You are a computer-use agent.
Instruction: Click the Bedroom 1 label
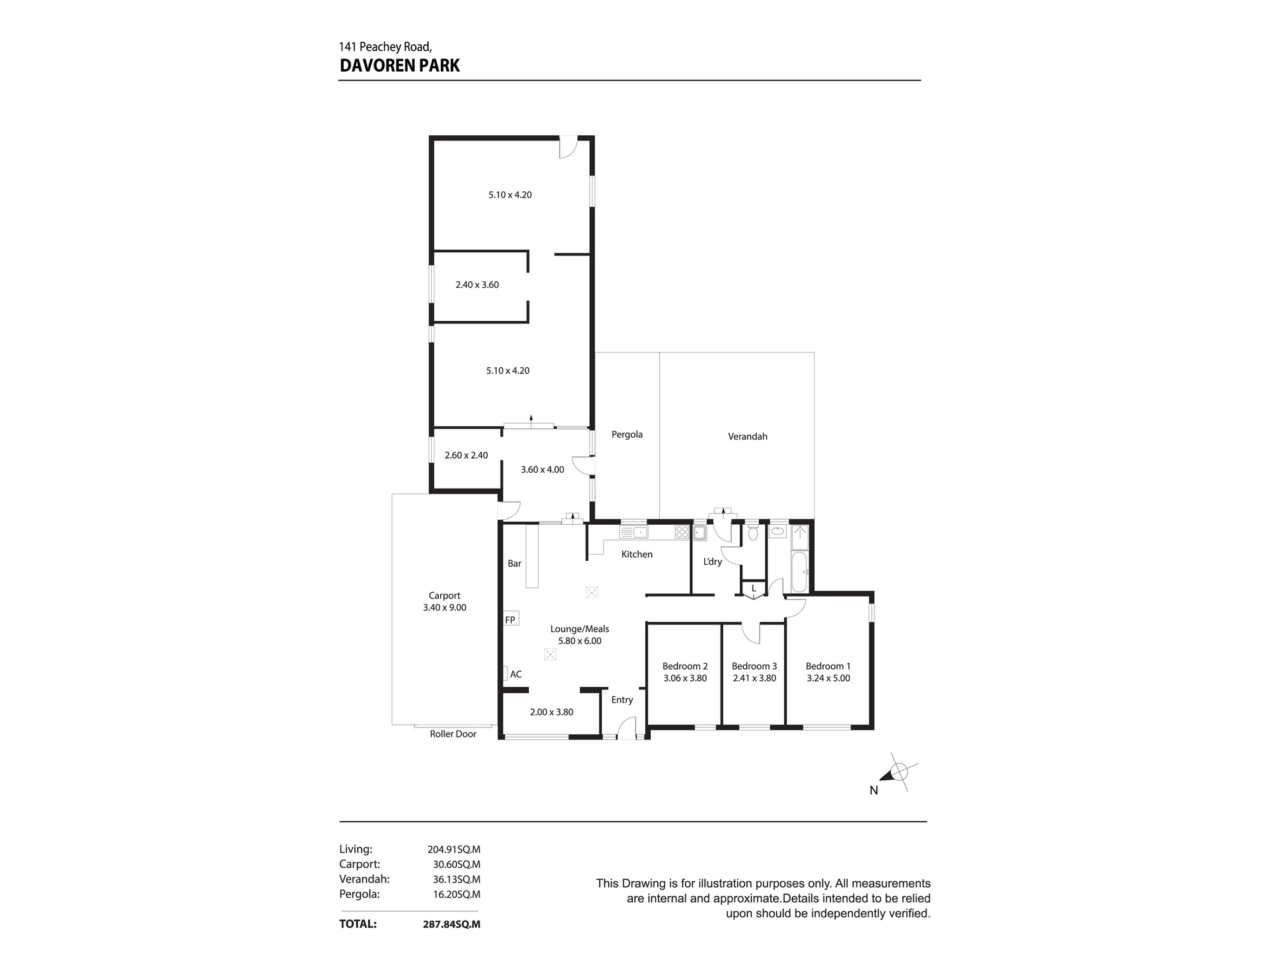827,666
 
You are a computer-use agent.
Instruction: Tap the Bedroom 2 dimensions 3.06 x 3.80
685,678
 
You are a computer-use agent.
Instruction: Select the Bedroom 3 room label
754,666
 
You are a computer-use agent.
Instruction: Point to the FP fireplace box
511,619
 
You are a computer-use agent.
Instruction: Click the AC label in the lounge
516,674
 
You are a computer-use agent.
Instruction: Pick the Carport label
444,595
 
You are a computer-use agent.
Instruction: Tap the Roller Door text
453,734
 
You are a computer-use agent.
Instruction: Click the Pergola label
627,435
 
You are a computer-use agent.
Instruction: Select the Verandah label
747,436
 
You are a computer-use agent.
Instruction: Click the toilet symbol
752,532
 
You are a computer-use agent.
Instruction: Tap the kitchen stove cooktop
682,532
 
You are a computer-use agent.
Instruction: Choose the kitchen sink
633,532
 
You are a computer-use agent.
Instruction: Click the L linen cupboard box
754,589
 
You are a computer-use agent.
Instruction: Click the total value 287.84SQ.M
451,924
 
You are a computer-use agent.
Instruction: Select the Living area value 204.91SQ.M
454,849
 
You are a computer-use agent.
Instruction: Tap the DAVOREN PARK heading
399,65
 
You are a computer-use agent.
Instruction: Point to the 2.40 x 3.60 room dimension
477,285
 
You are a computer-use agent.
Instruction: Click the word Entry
622,700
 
